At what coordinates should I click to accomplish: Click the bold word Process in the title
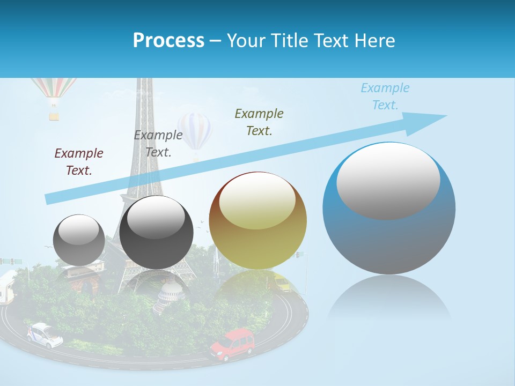[x=168, y=40]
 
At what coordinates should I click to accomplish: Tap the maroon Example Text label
[x=79, y=161]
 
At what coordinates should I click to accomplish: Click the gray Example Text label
[x=158, y=143]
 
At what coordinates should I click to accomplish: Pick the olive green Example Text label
[x=259, y=122]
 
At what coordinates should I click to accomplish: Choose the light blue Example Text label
[x=385, y=96]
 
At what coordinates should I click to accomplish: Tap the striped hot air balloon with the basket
[x=54, y=88]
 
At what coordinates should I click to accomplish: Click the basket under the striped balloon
[x=54, y=115]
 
